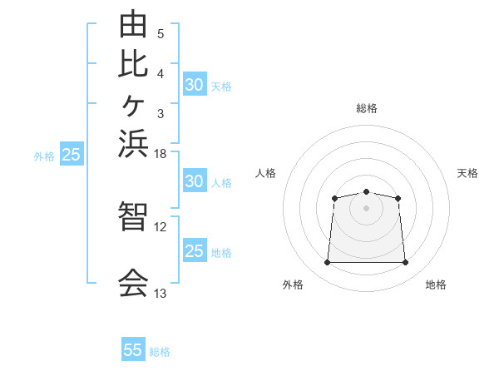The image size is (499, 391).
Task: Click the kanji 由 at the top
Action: tap(133, 24)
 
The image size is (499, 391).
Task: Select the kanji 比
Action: tap(133, 64)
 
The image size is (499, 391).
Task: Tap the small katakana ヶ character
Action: tap(133, 106)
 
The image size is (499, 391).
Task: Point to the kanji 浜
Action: tap(133, 144)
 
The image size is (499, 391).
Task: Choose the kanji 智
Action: tap(133, 215)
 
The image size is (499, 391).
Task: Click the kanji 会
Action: tap(133, 282)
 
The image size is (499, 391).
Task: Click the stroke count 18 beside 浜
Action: tap(160, 154)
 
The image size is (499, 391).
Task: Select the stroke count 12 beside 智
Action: tap(160, 227)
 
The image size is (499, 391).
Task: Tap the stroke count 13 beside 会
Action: tap(160, 293)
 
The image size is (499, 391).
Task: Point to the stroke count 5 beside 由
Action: tap(161, 34)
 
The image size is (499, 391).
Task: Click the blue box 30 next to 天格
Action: tap(195, 84)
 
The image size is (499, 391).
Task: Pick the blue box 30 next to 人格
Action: tap(195, 181)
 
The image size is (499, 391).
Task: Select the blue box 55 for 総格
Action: tap(133, 349)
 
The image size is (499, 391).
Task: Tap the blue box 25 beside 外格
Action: tap(72, 153)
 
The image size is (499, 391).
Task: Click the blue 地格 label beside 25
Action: tap(221, 253)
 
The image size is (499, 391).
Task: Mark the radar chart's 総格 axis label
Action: tap(367, 108)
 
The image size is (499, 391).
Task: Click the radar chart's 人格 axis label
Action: tap(265, 173)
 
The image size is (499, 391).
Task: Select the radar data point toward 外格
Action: tap(327, 262)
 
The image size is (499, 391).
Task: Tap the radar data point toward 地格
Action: tap(405, 262)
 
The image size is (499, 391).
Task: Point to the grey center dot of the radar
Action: tap(366, 208)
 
